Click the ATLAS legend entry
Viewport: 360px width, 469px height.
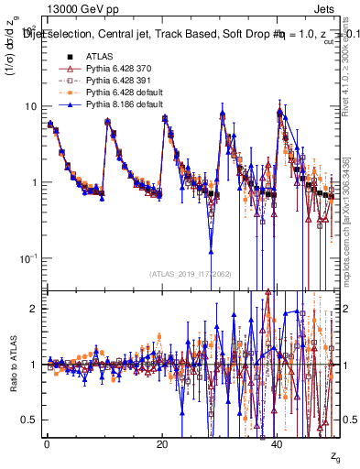95,57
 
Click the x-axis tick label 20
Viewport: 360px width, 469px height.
161,443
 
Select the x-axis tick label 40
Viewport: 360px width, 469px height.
278,443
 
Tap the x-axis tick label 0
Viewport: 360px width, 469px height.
46,443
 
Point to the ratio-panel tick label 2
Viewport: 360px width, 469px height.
36,308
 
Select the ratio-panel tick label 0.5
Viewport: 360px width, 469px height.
31,420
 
